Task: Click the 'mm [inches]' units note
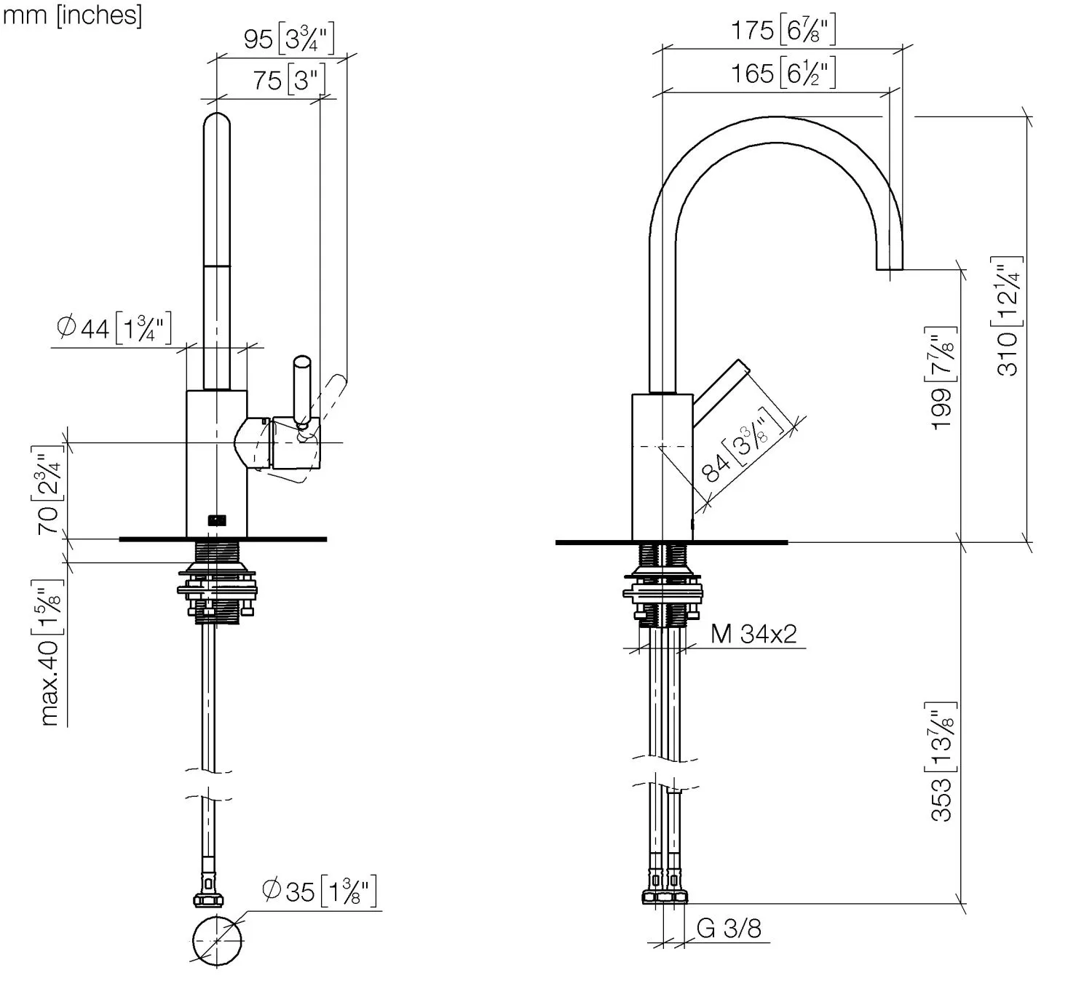tap(72, 15)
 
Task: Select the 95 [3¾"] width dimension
tap(288, 39)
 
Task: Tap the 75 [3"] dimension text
tap(288, 80)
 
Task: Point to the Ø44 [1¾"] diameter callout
tap(114, 328)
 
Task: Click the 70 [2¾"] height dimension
tap(48, 490)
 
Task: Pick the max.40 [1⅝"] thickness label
tap(49, 653)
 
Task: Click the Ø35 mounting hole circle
tap(217, 940)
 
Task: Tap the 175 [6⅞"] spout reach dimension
tap(783, 31)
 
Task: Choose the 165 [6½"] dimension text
tap(783, 73)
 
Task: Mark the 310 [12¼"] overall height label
tap(1007, 316)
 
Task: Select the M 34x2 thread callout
tap(753, 634)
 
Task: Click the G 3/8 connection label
tap(729, 928)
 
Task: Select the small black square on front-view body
tap(217, 520)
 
